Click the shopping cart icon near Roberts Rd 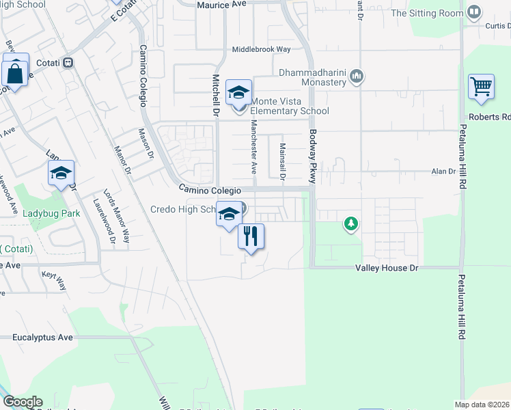(481, 87)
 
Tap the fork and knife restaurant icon (251, 236)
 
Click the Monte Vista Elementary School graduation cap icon (238, 92)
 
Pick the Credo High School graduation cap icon (228, 214)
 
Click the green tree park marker (351, 223)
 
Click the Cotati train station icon (68, 62)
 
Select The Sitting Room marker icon (473, 12)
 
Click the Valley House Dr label (386, 269)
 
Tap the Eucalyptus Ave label (42, 338)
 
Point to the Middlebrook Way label (261, 50)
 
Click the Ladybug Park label (51, 213)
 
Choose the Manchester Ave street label (253, 146)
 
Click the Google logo (23, 402)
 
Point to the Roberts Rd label (495, 117)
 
